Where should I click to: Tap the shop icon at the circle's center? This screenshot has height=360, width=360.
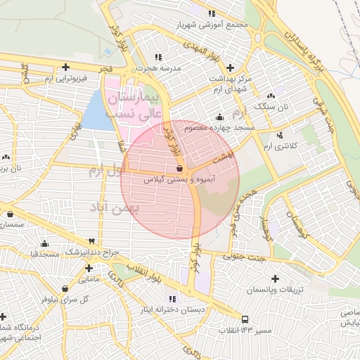click(181, 169)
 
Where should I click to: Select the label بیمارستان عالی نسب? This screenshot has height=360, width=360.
click(134, 104)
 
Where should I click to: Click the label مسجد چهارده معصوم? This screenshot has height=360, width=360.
click(219, 128)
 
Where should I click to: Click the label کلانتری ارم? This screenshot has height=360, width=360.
click(276, 146)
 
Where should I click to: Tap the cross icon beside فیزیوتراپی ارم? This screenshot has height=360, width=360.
click(65, 67)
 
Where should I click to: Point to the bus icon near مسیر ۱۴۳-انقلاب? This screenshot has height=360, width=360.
click(245, 319)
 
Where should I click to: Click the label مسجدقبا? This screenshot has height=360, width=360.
click(44, 254)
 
